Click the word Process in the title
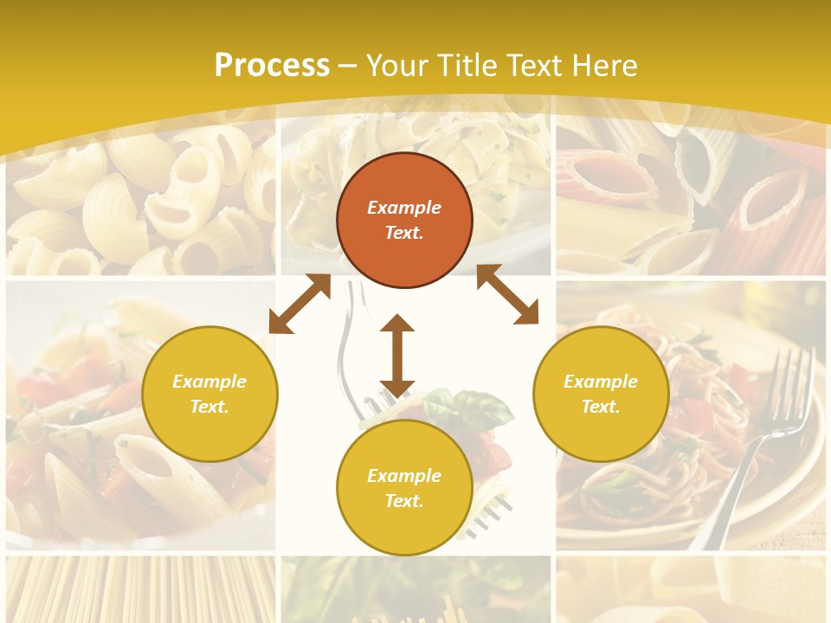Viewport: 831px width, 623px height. (272, 66)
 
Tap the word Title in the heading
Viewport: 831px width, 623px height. (467, 66)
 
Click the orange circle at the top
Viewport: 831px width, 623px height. (404, 220)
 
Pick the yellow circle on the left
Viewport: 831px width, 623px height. (209, 394)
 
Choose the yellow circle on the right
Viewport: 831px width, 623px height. (601, 394)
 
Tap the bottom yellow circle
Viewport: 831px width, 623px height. (404, 487)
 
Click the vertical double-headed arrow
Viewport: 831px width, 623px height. (397, 356)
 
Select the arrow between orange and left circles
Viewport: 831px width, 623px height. (300, 304)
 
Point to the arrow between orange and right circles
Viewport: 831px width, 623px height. (507, 294)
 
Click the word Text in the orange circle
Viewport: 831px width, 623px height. (404, 233)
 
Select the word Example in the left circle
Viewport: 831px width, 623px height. (209, 382)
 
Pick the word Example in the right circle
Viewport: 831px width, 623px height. (601, 382)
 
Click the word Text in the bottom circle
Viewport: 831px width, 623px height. (404, 501)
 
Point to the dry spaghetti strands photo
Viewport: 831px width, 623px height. (138, 588)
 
